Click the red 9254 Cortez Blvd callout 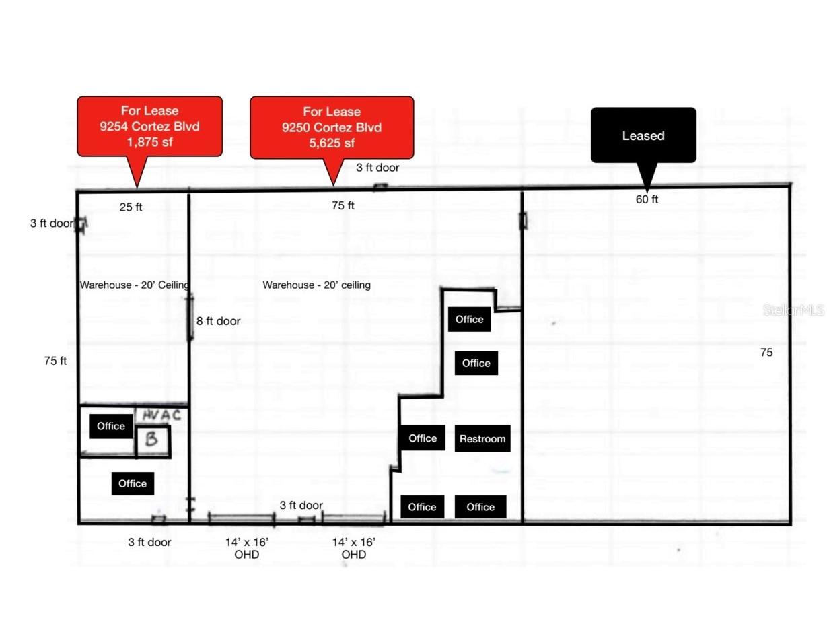click(x=149, y=126)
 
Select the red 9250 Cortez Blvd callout click(x=332, y=127)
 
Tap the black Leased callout click(x=643, y=135)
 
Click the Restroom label click(x=482, y=439)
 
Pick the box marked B click(x=152, y=441)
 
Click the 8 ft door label click(x=218, y=321)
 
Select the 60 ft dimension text click(x=647, y=199)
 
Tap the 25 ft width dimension click(x=131, y=207)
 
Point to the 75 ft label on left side click(x=55, y=361)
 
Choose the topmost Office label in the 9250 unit click(x=469, y=319)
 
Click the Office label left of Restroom click(x=422, y=438)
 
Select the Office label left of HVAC click(x=111, y=426)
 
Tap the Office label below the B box click(x=133, y=483)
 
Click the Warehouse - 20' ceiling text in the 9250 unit click(x=316, y=285)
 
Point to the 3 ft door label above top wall click(x=377, y=168)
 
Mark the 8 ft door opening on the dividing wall click(x=190, y=316)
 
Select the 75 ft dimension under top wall click(x=343, y=206)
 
